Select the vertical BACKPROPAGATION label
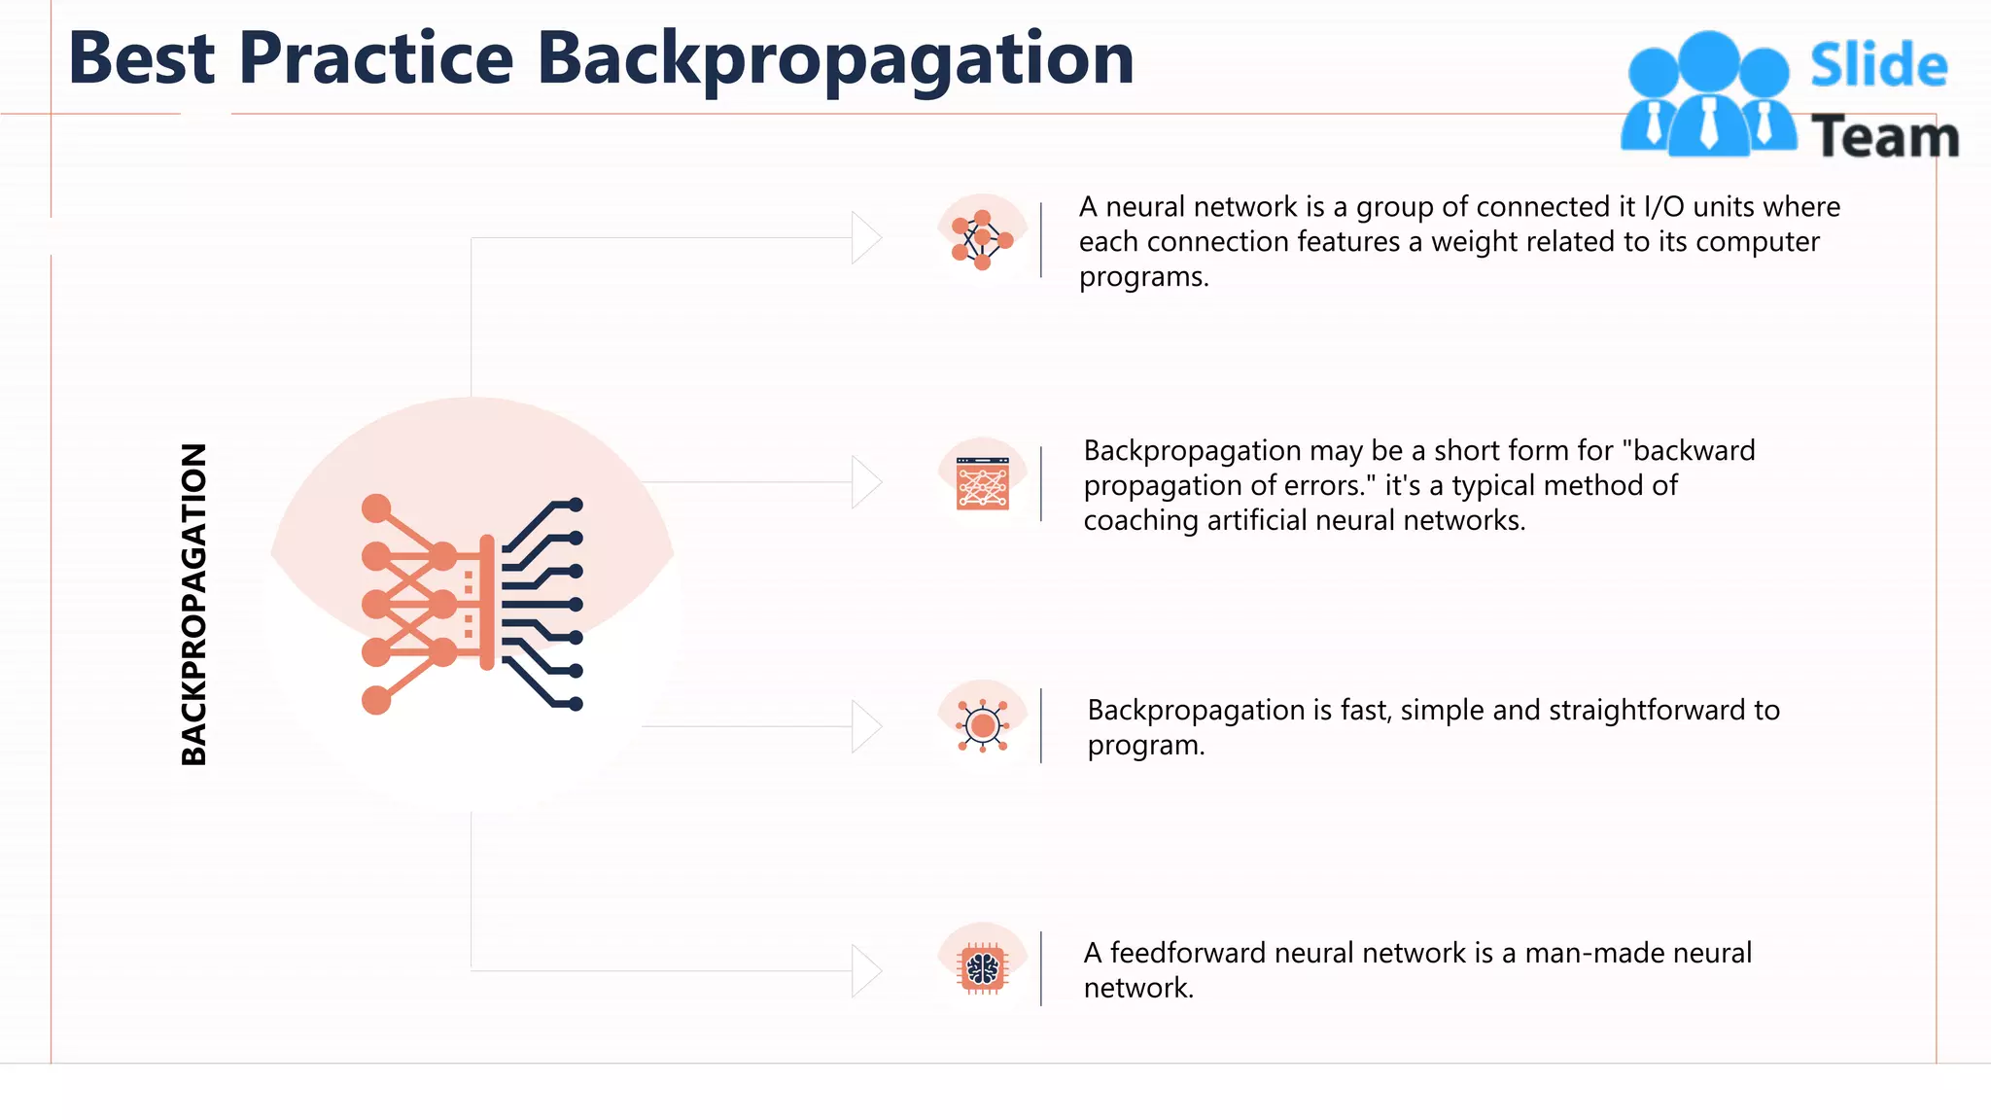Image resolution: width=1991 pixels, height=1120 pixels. [194, 604]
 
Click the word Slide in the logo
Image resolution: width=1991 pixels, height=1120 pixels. [1878, 66]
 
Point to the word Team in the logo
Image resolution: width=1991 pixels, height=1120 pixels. [1884, 137]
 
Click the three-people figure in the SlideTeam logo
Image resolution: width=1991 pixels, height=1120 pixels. [1708, 95]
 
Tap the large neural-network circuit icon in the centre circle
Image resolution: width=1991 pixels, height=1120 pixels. [472, 604]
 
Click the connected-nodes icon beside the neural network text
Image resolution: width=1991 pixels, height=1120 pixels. [982, 239]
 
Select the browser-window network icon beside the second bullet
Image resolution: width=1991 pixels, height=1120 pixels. [982, 483]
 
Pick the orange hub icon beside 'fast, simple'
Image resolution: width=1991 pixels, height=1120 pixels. [983, 726]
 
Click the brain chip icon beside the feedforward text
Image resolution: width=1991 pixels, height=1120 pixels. [983, 969]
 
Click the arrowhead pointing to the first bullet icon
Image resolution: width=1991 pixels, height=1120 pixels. [865, 238]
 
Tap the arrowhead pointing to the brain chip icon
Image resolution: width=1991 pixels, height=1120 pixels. [865, 970]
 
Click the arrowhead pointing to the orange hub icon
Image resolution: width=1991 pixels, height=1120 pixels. [865, 726]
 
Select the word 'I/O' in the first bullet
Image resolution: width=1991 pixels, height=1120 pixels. [1663, 207]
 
